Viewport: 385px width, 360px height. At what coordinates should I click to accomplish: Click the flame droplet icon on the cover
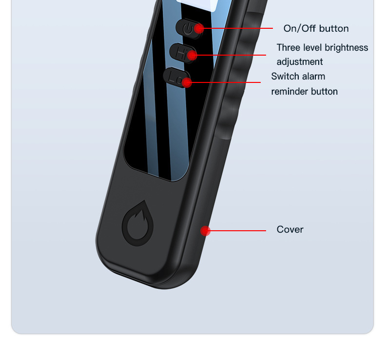[x=137, y=223]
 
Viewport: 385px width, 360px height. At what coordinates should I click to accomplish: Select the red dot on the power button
[x=198, y=28]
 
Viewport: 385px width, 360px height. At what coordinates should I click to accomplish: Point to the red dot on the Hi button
[x=192, y=55]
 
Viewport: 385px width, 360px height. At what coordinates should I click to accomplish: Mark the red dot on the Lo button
[x=187, y=81]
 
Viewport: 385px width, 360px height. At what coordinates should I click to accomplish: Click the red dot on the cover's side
[x=206, y=231]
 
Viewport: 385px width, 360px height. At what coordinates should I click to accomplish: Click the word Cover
[x=290, y=229]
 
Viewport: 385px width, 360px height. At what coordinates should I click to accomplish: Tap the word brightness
[x=346, y=48]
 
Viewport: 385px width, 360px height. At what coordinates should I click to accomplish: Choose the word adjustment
[x=300, y=62]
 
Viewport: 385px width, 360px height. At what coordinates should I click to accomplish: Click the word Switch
[x=285, y=77]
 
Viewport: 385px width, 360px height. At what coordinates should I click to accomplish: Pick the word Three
[x=288, y=48]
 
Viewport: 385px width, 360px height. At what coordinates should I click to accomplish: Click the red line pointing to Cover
[x=239, y=231]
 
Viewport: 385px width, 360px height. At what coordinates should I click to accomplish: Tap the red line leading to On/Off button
[x=239, y=28]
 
